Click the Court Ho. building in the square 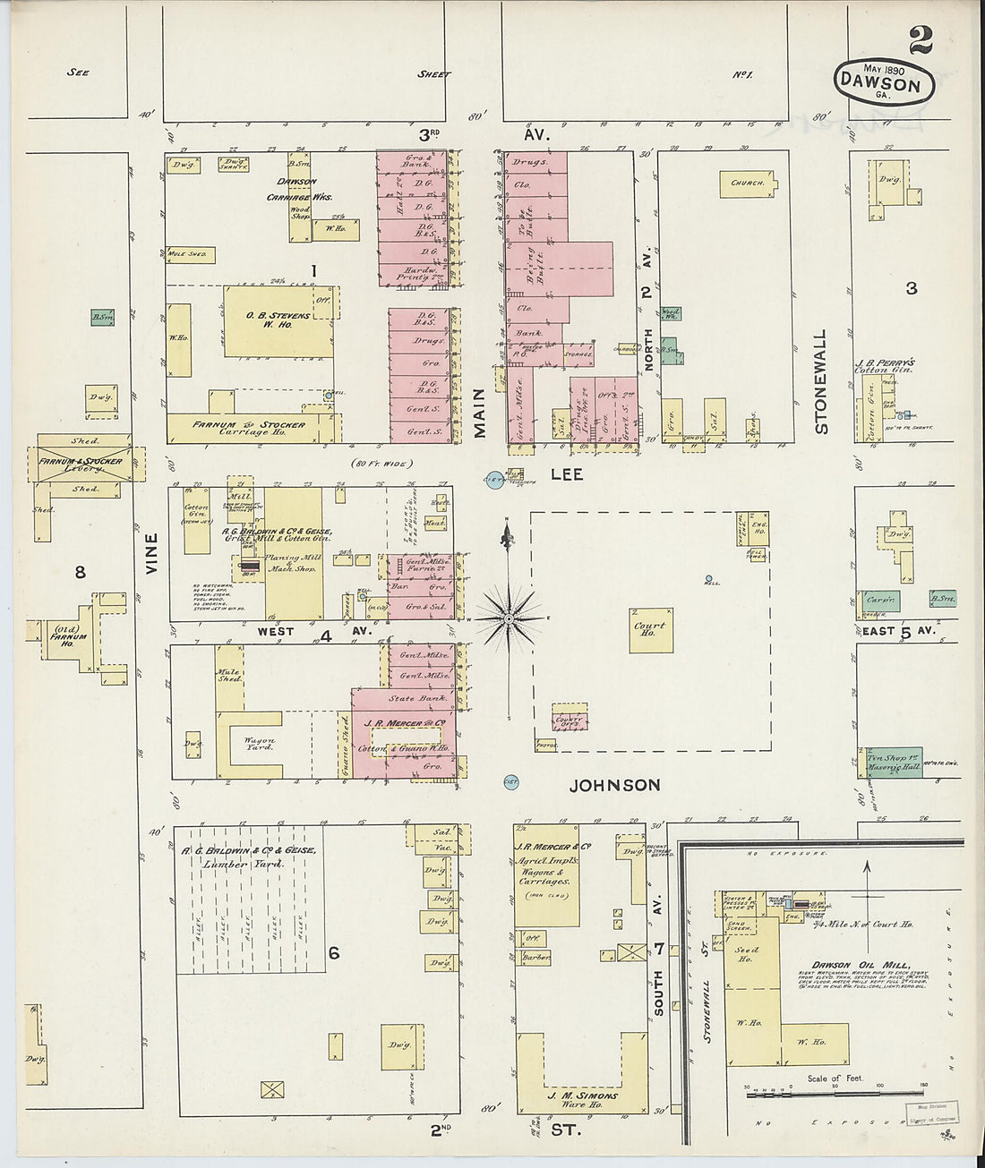651,630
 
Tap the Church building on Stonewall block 747,183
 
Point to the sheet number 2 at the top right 920,40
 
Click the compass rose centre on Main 509,618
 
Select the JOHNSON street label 615,786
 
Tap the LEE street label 566,474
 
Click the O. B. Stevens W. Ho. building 278,320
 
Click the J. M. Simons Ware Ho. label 582,1099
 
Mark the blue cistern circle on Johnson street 511,782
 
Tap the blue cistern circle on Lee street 492,481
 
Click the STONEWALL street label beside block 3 820,381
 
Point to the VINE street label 150,553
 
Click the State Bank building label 413,698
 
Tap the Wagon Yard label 260,744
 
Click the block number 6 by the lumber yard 333,953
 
